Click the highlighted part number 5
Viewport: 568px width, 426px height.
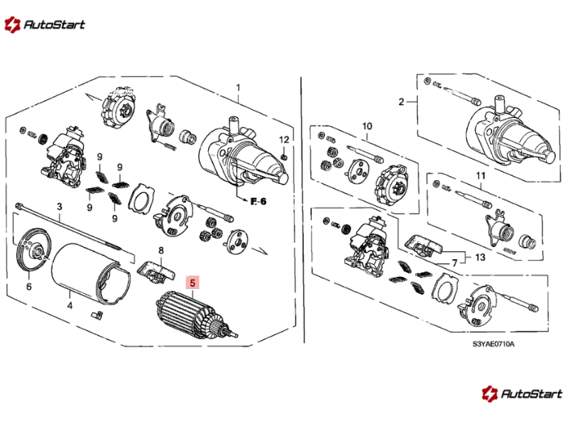click(x=192, y=283)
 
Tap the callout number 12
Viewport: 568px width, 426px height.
click(x=285, y=139)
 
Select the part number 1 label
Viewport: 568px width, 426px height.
click(x=238, y=87)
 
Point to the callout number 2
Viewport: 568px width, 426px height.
click(x=401, y=102)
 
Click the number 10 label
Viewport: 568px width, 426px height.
click(x=367, y=126)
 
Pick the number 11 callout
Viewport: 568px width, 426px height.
click(x=481, y=175)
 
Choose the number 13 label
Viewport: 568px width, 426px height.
click(x=480, y=257)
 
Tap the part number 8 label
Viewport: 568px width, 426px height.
click(x=161, y=250)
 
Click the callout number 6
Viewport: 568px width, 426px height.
click(x=28, y=287)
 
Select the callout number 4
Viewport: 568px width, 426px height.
click(x=70, y=305)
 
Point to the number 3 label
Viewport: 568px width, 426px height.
click(x=60, y=207)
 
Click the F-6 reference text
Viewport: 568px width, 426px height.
click(x=258, y=202)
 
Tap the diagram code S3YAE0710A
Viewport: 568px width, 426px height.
click(x=493, y=344)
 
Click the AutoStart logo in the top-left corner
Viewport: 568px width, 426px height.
click(x=45, y=25)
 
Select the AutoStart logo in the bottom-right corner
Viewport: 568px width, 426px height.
click(x=522, y=393)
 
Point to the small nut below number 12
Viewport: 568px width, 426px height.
click(x=285, y=156)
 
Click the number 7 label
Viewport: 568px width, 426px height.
click(x=454, y=263)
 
